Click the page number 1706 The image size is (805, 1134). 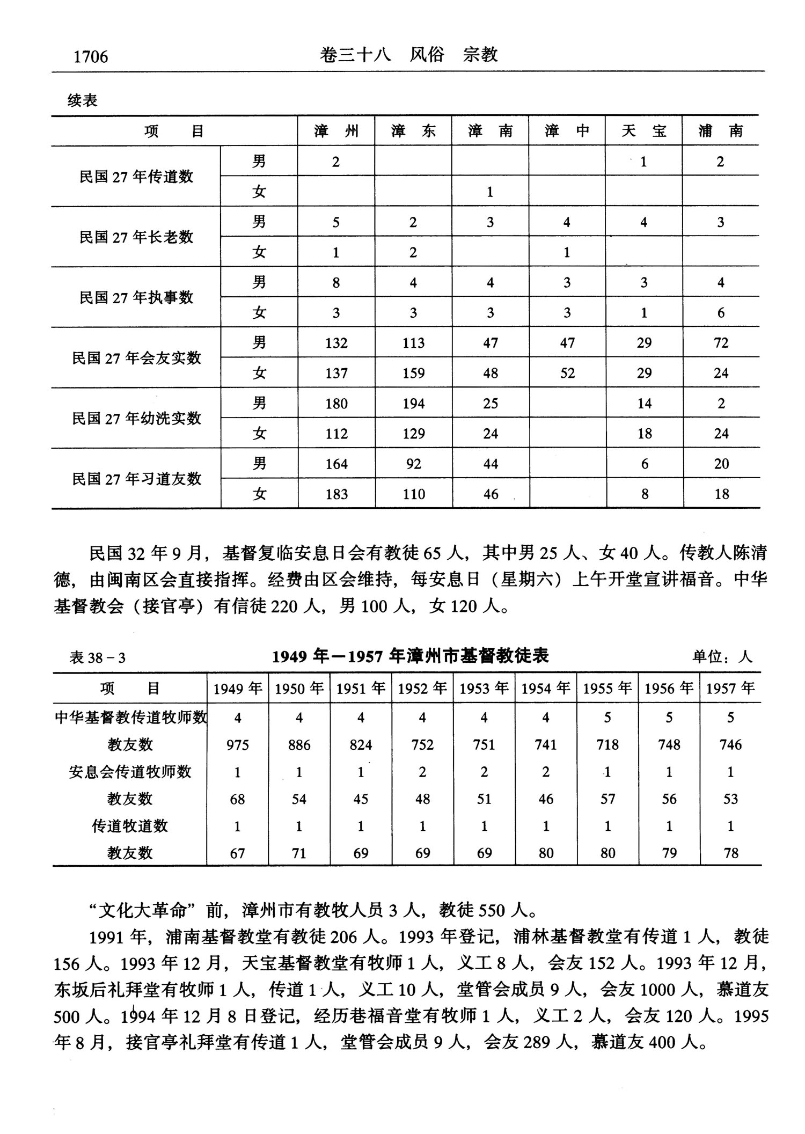91,56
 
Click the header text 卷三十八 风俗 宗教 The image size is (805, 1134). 408,55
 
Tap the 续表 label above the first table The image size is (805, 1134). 82,100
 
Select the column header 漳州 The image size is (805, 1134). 336,131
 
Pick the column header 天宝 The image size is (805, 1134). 643,131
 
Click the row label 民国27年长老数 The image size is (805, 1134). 136,237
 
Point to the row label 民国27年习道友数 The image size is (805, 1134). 136,479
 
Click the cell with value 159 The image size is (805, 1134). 413,373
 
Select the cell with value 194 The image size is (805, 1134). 413,404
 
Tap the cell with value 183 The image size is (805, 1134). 336,494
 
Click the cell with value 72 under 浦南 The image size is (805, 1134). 721,343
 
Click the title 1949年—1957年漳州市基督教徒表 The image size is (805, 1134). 411,656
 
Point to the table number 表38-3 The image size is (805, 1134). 97,658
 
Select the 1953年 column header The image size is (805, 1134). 484,689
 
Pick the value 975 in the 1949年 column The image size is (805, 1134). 237,745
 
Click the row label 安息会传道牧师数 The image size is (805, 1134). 130,772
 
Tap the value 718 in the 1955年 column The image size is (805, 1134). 608,745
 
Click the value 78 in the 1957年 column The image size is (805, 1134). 731,853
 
